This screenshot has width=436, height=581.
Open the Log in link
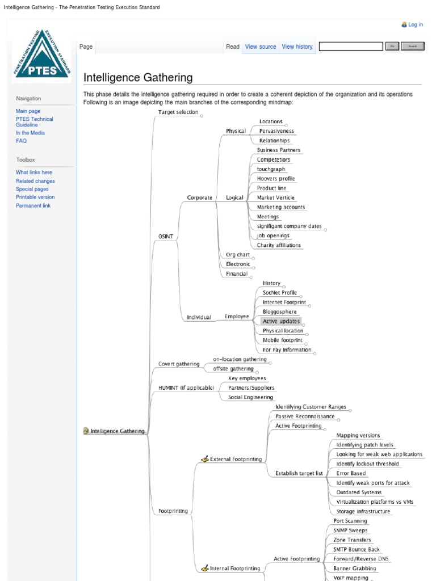coord(416,25)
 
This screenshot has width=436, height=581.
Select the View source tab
coord(261,47)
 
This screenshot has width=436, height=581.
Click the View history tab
coord(297,47)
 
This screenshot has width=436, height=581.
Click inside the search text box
coord(351,47)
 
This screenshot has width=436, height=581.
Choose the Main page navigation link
coord(28,111)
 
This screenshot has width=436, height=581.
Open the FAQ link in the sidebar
coord(21,141)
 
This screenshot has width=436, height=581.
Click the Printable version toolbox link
coord(35,197)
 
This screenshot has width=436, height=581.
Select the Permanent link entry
coord(33,205)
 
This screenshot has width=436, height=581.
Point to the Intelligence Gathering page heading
coord(138,78)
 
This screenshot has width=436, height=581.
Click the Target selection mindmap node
coord(178,112)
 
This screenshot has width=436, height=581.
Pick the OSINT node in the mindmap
coord(166,236)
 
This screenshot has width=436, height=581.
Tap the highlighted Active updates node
coord(281,321)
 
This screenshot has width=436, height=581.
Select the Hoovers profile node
coord(275,179)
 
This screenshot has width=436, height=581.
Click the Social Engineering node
coord(250,397)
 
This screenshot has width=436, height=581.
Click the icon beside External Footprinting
coord(205,458)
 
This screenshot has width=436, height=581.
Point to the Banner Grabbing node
coord(354,568)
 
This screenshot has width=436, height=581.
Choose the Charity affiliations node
coord(279,245)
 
